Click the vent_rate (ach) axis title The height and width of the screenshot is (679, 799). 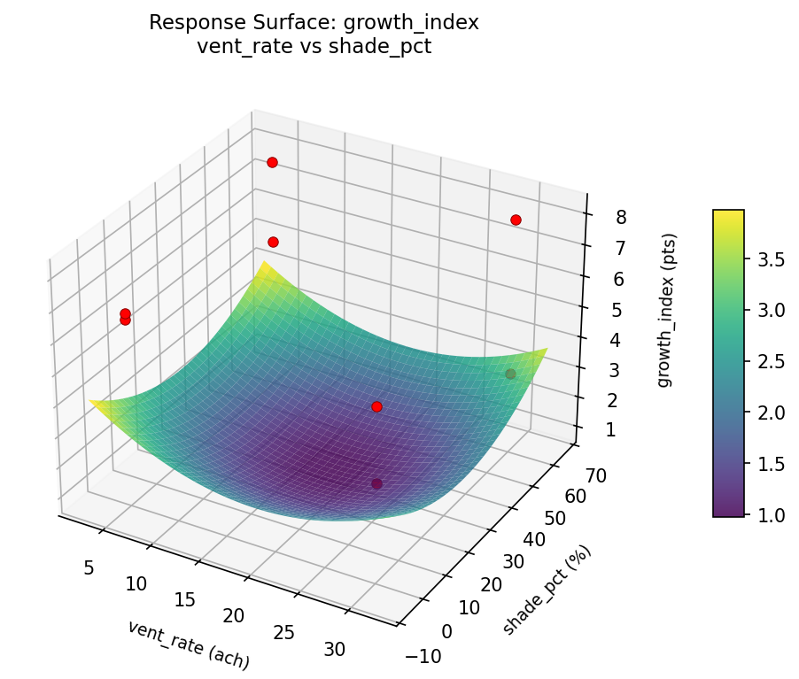188,644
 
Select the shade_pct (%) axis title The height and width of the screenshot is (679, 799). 547,590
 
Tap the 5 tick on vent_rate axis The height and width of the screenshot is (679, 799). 89,567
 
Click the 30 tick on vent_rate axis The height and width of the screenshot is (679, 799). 335,649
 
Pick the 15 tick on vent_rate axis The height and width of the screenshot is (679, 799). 184,600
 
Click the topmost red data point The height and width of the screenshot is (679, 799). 272,162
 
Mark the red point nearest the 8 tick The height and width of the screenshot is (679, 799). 516,220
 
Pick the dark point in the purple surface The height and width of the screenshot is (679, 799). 376,483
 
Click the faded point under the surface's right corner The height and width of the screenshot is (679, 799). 510,374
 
